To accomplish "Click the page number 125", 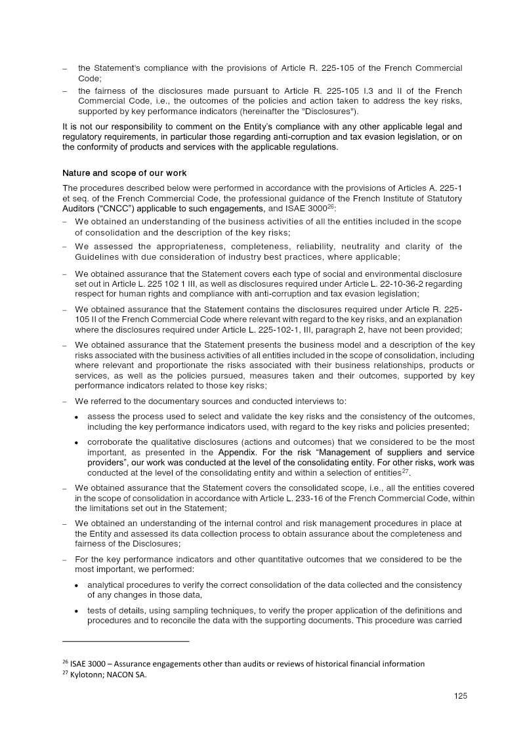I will pos(460,697).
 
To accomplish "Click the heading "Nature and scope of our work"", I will pos(124,173).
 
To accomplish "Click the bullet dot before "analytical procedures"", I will pos(78,585).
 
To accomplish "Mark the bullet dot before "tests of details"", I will pos(78,611).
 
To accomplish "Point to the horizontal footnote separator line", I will pos(125,640).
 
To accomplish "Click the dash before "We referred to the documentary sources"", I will pos(65,402).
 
